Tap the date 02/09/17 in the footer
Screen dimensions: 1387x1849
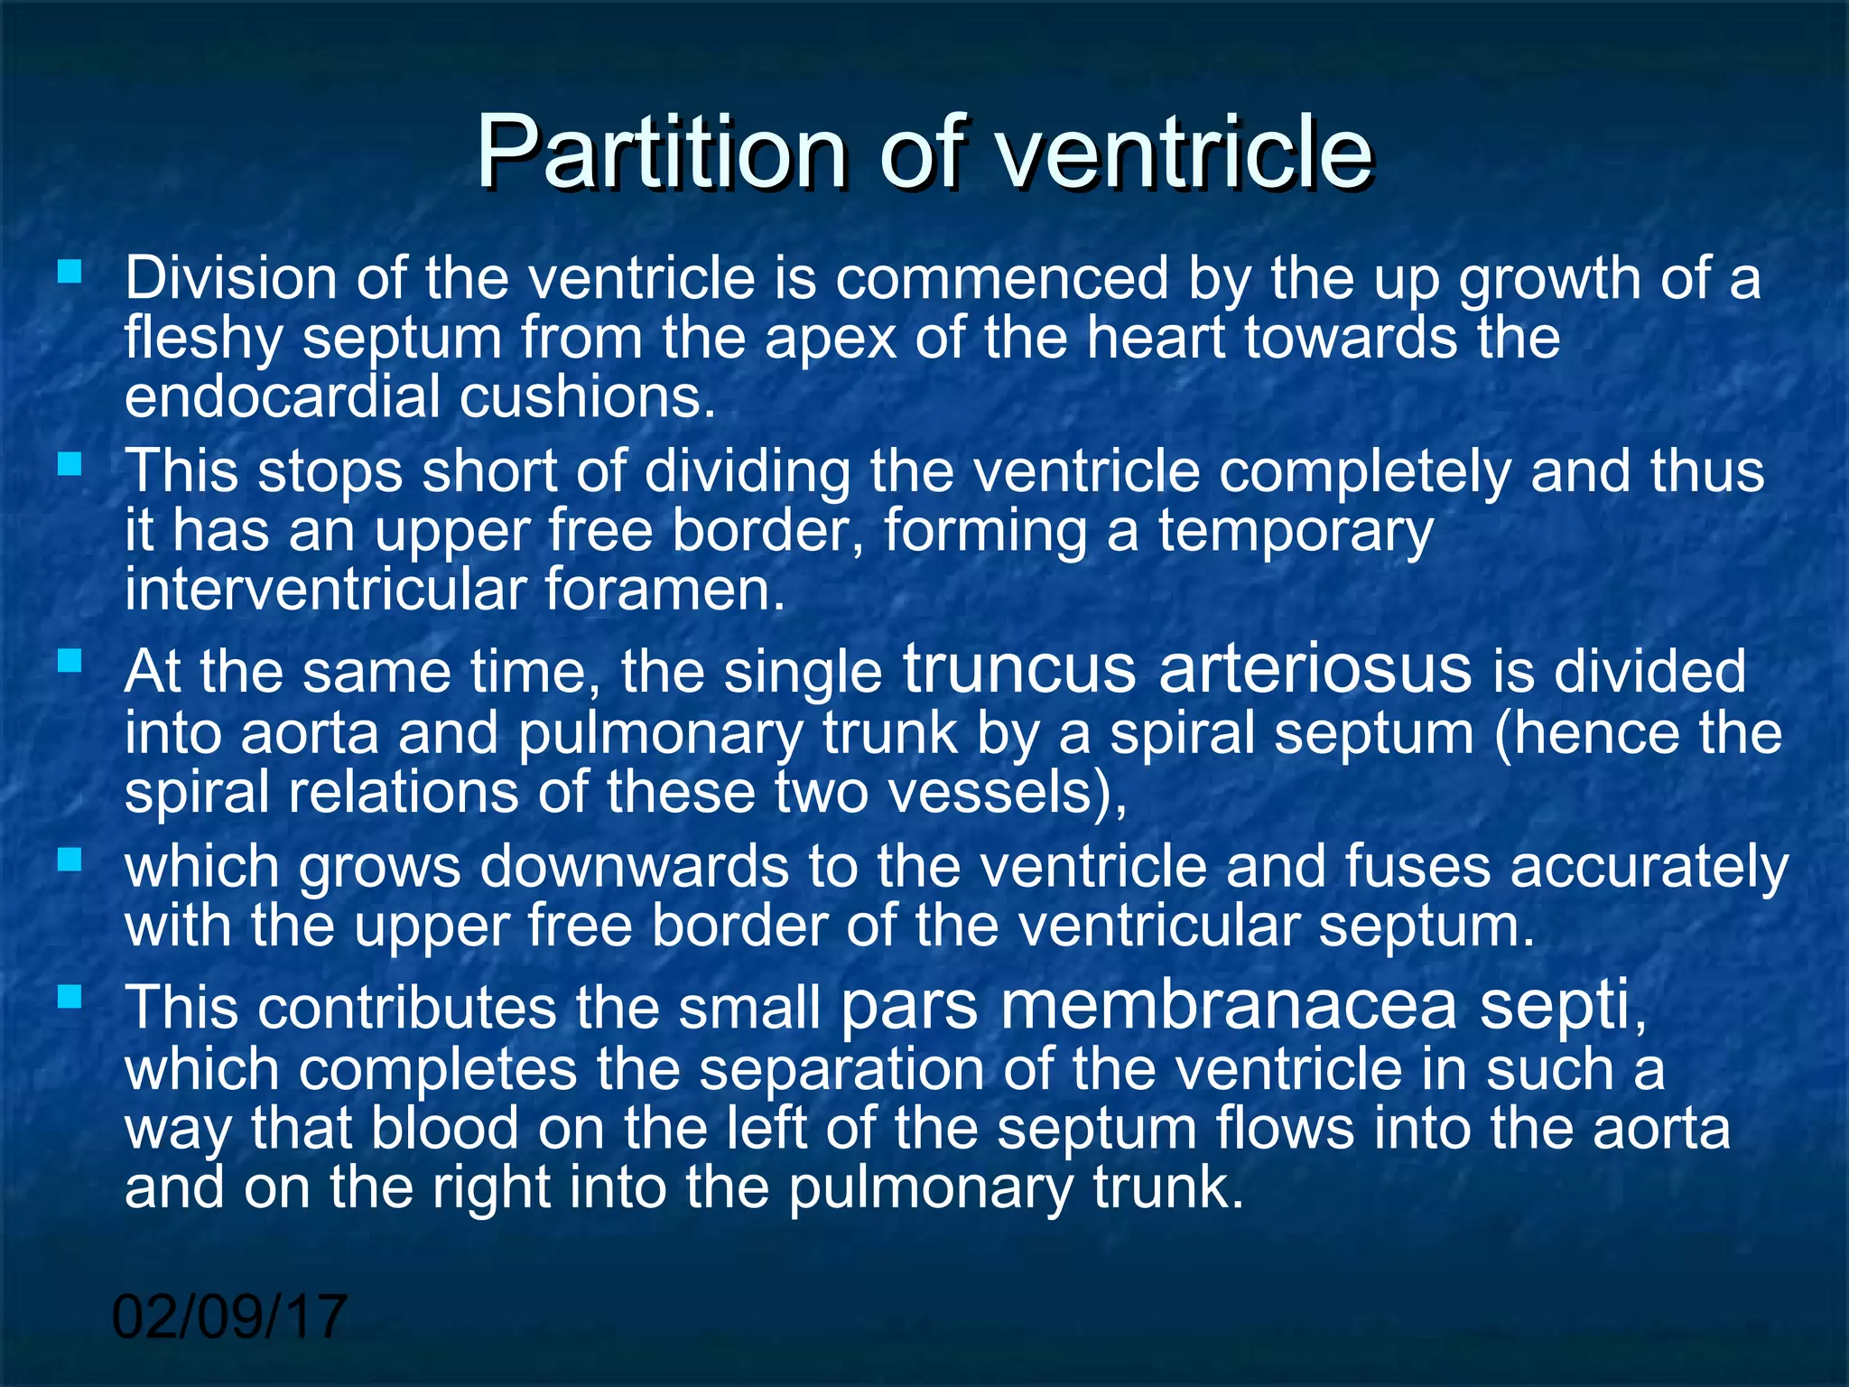[229, 1317]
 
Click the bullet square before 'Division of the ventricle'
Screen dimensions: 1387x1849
[70, 271]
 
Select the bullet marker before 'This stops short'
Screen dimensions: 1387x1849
[70, 465]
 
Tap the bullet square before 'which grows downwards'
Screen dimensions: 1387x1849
[70, 859]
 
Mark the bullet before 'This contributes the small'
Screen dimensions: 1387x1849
[70, 998]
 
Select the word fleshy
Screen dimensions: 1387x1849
[203, 340]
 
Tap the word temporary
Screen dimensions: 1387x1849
[1296, 531]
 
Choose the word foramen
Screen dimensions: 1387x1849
[665, 591]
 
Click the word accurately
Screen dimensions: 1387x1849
[1649, 868]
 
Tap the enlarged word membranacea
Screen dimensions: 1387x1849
[1228, 1005]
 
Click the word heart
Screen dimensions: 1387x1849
[1155, 338]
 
